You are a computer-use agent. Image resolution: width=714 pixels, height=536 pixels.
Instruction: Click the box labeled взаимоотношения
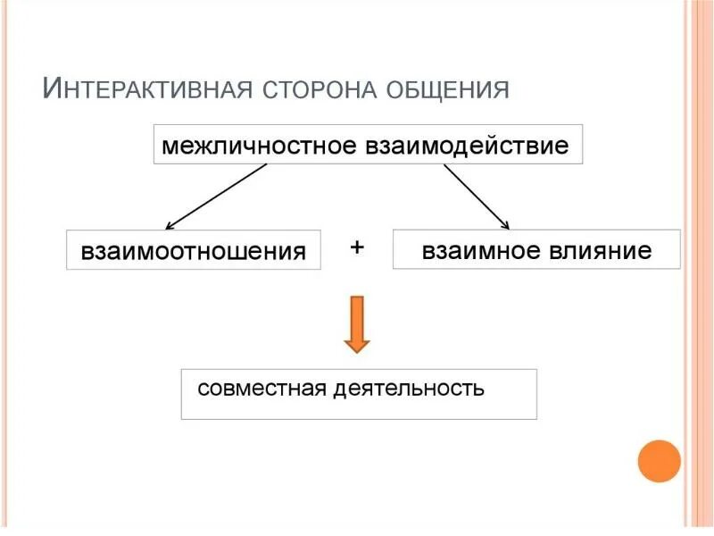(194, 250)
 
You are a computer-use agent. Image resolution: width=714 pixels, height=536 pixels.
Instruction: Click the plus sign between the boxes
(357, 247)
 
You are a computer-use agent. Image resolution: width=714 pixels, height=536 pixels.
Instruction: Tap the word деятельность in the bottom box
(410, 389)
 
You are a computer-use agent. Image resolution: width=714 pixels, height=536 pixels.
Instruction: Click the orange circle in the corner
(660, 461)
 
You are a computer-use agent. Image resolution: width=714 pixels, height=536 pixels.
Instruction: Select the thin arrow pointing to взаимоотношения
(216, 197)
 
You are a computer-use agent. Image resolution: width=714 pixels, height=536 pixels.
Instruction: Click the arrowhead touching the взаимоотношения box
(170, 225)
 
